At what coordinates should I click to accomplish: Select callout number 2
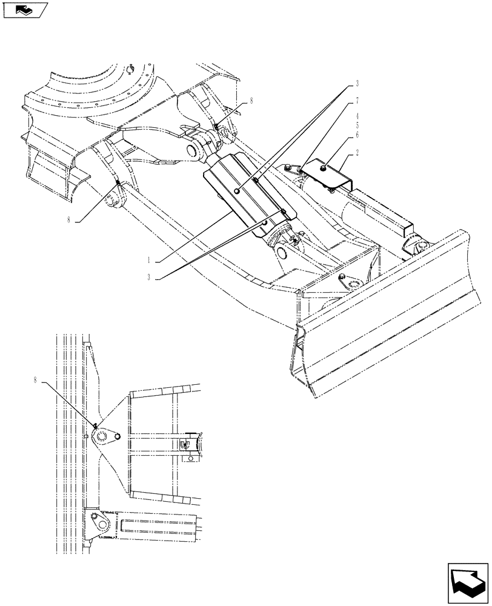pyautogui.click(x=358, y=154)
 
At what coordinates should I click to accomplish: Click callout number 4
pyautogui.click(x=358, y=125)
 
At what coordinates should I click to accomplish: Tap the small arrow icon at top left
pyautogui.click(x=24, y=10)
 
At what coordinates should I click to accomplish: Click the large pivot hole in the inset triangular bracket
pyautogui.click(x=101, y=435)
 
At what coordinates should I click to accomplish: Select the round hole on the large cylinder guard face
pyautogui.click(x=236, y=191)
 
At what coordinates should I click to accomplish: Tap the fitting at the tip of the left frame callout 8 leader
pyautogui.click(x=118, y=184)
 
